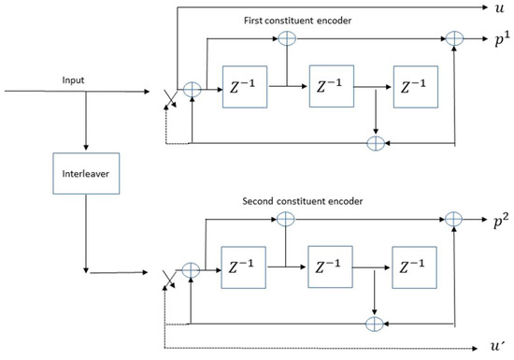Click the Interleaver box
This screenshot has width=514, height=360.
[x=85, y=177]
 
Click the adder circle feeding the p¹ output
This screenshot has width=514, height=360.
[x=455, y=38]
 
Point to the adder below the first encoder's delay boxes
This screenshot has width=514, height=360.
[x=375, y=143]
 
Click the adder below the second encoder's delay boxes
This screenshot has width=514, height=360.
[x=375, y=320]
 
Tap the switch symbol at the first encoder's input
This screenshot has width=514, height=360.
[x=168, y=94]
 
